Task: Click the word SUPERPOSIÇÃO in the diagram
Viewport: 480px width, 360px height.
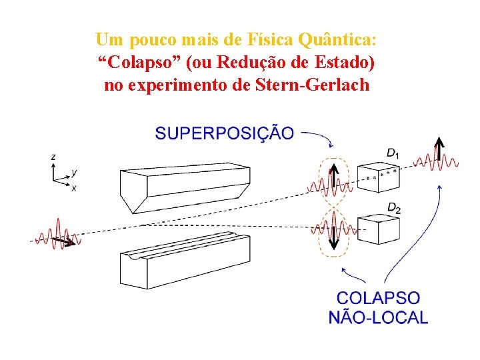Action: point(224,133)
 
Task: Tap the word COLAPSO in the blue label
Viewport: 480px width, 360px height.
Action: point(378,298)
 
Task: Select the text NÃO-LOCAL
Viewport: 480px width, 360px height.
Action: point(378,317)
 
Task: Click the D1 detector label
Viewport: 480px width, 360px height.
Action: point(393,153)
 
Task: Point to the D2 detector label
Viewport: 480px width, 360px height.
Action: point(394,209)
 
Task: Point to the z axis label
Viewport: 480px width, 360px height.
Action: point(53,156)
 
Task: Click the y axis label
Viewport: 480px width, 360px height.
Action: point(74,172)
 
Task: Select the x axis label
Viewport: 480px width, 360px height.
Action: point(73,189)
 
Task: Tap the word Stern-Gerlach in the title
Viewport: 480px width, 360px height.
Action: point(312,85)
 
